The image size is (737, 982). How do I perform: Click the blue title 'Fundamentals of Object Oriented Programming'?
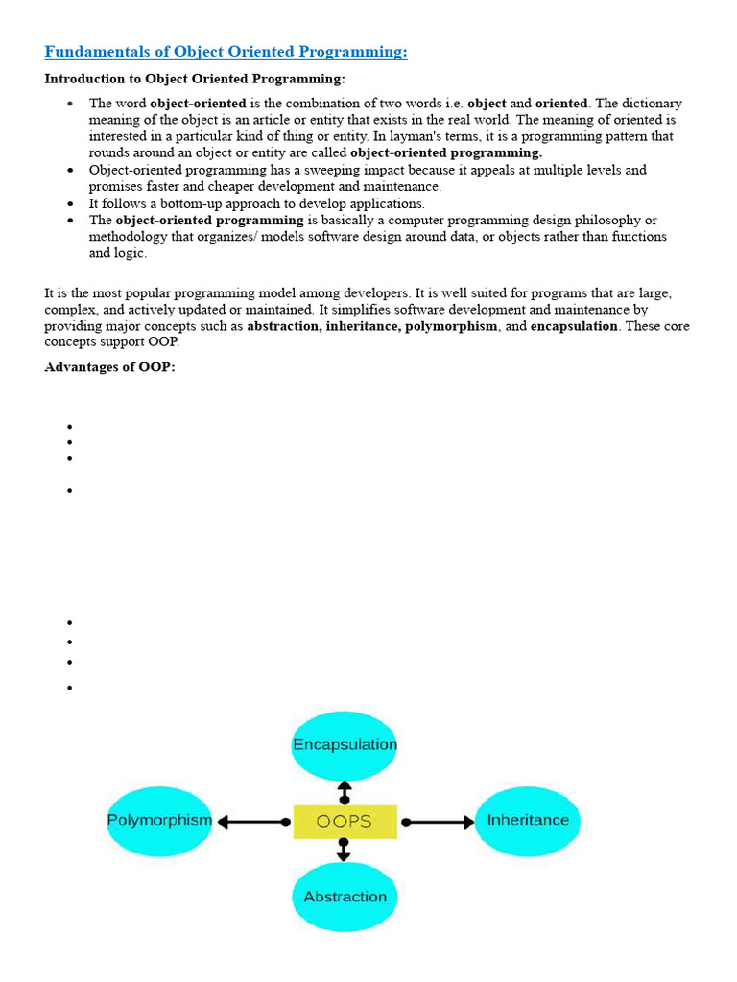[226, 52]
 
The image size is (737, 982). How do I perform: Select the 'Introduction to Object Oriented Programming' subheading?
[195, 79]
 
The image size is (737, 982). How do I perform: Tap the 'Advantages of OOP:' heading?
[109, 367]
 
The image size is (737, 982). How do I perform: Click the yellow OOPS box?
[345, 822]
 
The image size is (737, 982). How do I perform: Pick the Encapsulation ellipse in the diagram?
[345, 745]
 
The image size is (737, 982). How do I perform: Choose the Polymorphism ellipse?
[159, 821]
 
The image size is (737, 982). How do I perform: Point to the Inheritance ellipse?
[528, 821]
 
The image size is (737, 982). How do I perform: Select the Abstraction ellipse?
[345, 897]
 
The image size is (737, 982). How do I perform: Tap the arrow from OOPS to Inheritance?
[438, 822]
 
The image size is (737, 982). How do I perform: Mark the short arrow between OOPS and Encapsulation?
[345, 792]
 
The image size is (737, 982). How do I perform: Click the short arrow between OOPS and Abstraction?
[345, 850]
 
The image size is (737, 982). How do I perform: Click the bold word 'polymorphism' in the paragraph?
[451, 327]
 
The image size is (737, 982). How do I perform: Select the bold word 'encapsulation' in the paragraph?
[574, 327]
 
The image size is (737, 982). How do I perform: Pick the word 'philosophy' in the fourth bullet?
[607, 221]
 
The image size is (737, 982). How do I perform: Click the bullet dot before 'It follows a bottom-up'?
[71, 204]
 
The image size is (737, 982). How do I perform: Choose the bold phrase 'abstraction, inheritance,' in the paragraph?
[323, 327]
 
